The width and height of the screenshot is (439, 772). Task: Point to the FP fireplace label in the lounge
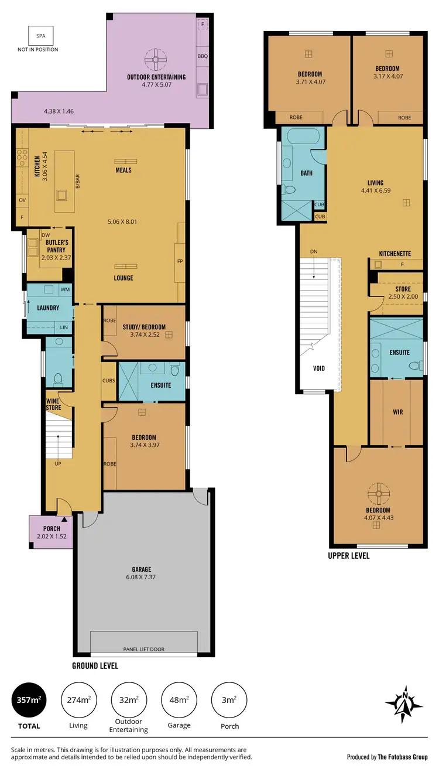pos(180,262)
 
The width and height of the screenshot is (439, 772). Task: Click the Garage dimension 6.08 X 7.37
pos(141,577)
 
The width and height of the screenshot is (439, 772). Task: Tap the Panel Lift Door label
pos(143,649)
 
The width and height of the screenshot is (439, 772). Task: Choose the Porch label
pos(52,529)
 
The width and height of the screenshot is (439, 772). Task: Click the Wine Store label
pos(54,404)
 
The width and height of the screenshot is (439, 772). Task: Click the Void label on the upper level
pos(318,368)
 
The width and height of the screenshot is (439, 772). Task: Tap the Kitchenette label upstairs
pos(395,254)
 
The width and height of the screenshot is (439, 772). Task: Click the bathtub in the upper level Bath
pos(301,139)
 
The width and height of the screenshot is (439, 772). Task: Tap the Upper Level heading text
pos(349,556)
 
